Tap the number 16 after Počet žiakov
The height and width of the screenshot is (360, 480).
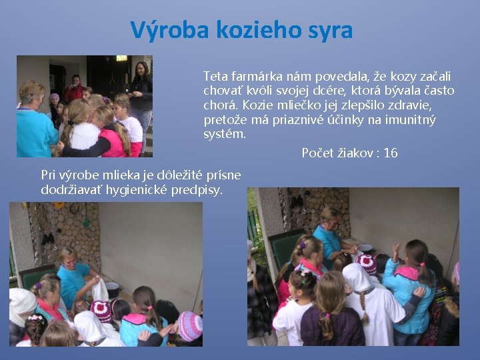tap(391, 153)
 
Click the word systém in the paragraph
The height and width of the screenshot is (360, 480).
tap(225, 135)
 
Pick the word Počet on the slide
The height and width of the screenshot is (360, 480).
tap(317, 153)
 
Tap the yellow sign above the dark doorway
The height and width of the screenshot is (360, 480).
tap(121, 59)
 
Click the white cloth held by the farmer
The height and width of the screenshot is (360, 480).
tap(100, 291)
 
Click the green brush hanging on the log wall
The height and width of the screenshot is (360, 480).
tap(85, 219)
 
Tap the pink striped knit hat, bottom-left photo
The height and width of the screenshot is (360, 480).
tap(189, 326)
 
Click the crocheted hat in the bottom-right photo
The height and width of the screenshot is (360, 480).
tap(367, 263)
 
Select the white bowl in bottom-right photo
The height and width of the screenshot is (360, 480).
tap(365, 248)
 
